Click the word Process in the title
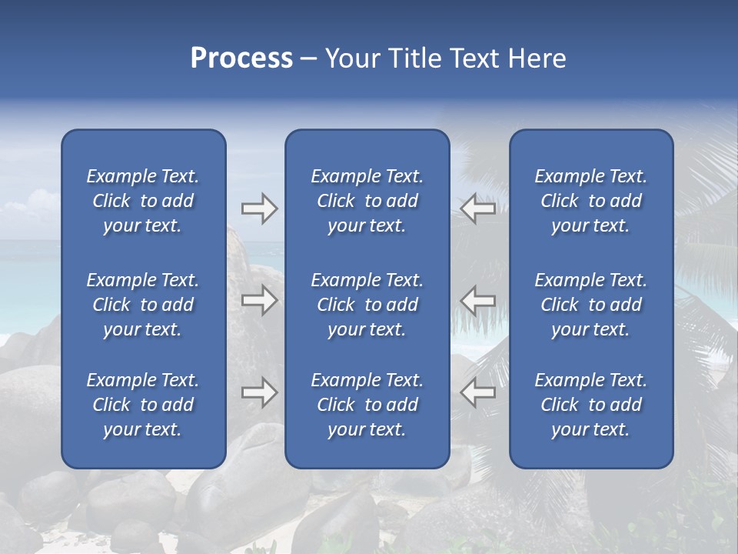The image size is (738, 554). (x=241, y=58)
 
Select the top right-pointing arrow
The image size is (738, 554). (x=260, y=209)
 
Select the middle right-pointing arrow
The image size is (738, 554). (x=260, y=300)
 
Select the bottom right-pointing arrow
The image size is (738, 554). (x=260, y=392)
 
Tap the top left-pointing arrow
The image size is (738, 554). (x=477, y=209)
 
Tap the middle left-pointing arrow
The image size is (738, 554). (x=477, y=300)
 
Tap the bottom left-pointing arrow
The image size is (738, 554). (x=477, y=392)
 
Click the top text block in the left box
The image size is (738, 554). (x=143, y=201)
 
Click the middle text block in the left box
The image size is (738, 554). (x=143, y=305)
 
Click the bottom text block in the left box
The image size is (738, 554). (x=143, y=405)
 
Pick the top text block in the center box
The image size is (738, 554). (x=367, y=201)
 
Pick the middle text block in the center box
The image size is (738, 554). (x=367, y=305)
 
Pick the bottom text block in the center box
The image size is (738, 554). (x=367, y=405)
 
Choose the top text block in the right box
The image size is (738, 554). (x=591, y=201)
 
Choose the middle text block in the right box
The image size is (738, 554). (x=591, y=305)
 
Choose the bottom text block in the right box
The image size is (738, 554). (x=591, y=405)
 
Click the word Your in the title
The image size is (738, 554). (x=351, y=58)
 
